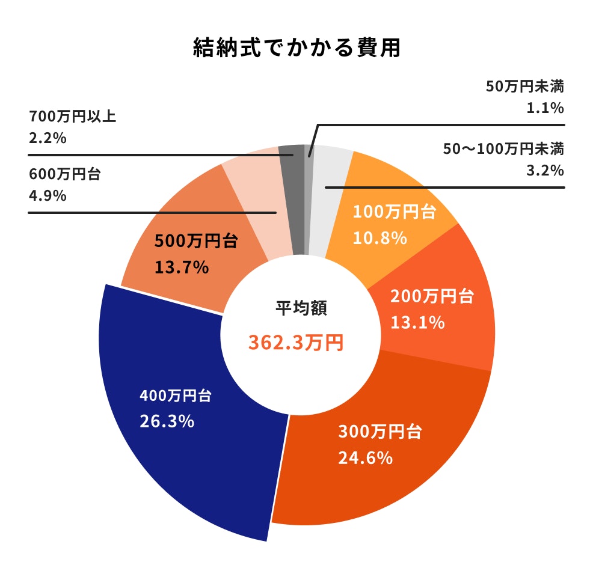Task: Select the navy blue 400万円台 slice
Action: [180, 457]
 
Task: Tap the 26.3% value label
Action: [167, 421]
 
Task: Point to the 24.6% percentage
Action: [366, 459]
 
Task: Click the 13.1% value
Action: [417, 323]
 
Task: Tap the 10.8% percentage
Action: [380, 238]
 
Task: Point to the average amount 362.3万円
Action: [296, 343]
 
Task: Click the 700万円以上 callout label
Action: [72, 115]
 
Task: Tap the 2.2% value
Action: [47, 138]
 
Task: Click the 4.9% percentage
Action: [47, 196]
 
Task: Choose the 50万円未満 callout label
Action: [524, 87]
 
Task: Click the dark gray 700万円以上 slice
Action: [292, 198]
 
